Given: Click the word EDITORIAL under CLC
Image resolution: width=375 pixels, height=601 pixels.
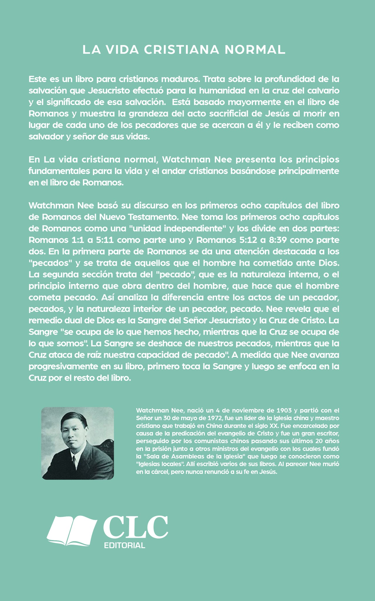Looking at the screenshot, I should coord(124,546).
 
